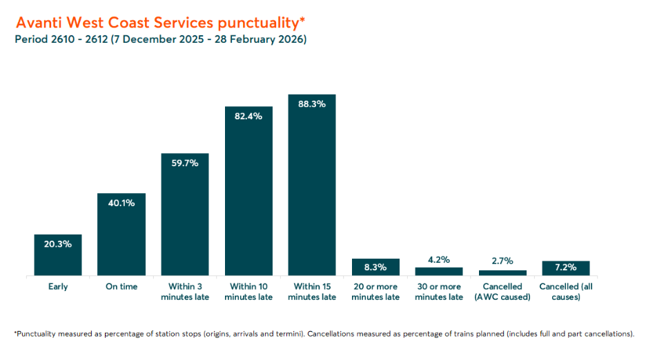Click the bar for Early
58,255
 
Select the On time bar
121,234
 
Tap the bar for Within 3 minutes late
185,214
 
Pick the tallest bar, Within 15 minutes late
312,185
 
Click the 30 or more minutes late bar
439,272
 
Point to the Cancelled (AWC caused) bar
502,273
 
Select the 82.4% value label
248,116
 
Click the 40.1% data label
121,203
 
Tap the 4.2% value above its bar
439,260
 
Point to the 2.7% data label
502,261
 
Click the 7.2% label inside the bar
566,268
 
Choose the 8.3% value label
375,268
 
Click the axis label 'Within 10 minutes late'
248,292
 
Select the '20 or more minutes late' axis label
375,292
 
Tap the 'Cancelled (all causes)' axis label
566,292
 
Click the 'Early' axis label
58,287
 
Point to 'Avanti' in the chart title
39,23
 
